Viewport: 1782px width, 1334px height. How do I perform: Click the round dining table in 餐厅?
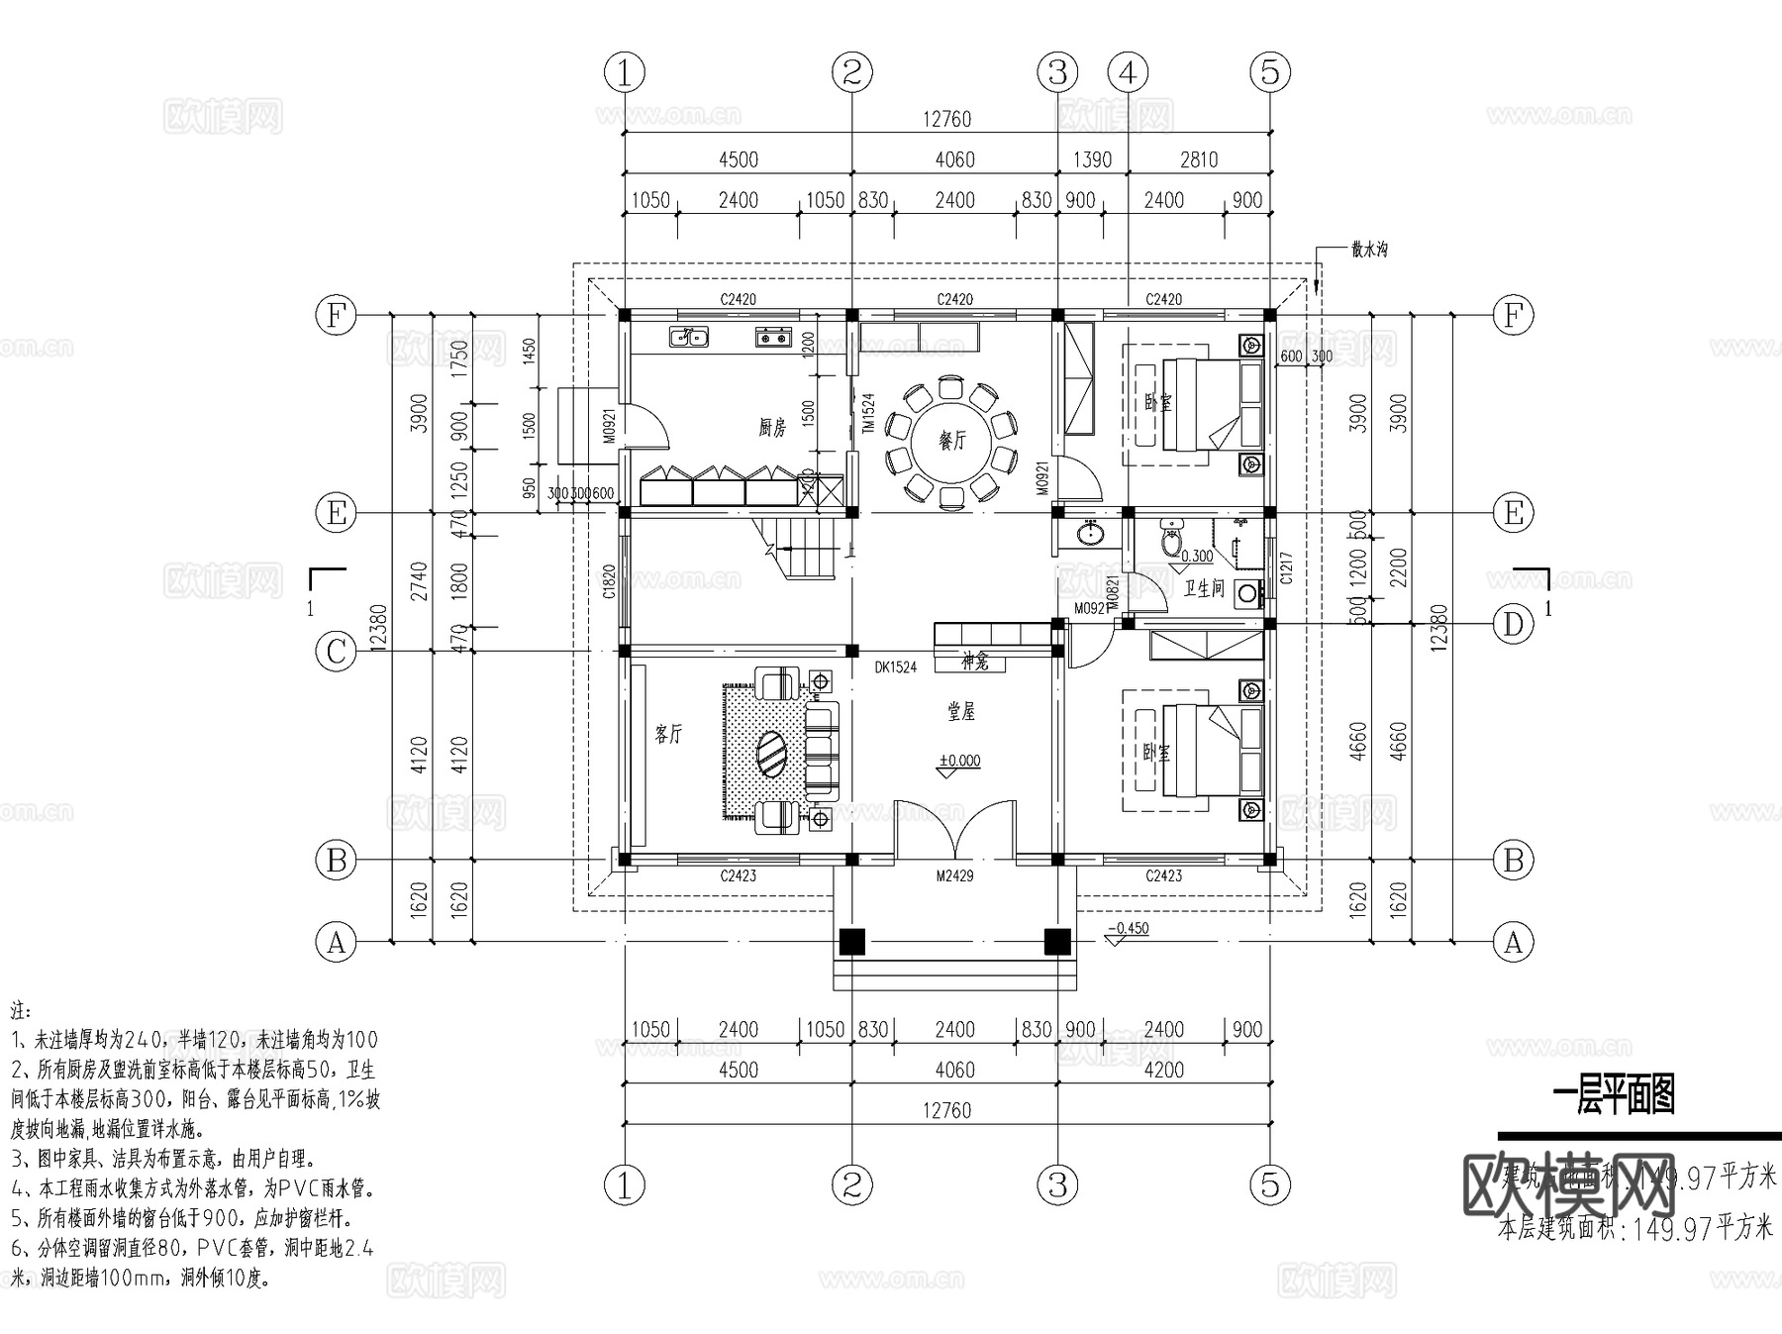click(952, 441)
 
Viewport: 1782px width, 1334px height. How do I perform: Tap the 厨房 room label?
click(772, 428)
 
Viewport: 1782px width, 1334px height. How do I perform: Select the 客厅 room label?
click(669, 734)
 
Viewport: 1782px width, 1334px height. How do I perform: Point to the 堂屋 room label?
click(960, 711)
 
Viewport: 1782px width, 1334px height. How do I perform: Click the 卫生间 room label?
click(1205, 588)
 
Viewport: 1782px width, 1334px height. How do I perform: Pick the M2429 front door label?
click(954, 875)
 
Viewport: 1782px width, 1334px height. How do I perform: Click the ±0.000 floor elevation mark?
click(959, 761)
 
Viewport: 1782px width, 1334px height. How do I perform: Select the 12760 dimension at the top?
click(947, 119)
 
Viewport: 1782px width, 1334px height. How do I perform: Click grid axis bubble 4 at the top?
click(1128, 72)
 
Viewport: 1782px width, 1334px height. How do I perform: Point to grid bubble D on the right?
click(1513, 625)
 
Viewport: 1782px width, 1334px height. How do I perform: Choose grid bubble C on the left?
click(337, 652)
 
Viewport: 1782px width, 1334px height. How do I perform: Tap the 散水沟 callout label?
click(1368, 250)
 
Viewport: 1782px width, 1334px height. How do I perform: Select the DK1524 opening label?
click(895, 667)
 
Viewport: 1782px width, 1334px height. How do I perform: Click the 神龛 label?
click(974, 661)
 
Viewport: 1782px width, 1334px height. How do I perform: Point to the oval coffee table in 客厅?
click(773, 757)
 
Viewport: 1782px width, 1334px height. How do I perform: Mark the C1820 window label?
click(610, 583)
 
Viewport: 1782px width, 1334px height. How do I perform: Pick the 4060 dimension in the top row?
click(954, 159)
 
